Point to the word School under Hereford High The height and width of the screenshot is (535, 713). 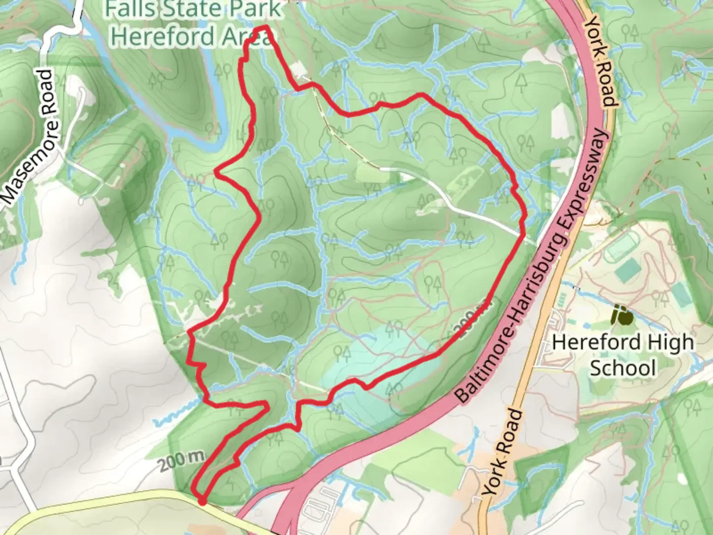623,369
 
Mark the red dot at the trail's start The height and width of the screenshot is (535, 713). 203,501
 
